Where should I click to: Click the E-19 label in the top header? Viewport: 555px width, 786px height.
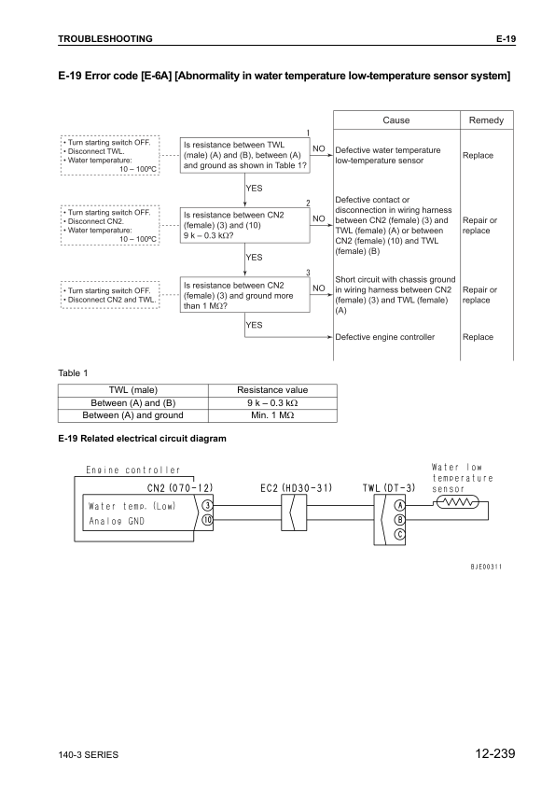tap(504, 38)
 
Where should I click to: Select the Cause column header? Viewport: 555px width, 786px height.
tap(395, 120)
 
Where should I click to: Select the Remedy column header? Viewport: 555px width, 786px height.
tap(486, 120)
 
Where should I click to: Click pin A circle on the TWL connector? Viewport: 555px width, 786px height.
tap(400, 505)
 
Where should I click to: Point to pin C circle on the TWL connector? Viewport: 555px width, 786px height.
tap(400, 534)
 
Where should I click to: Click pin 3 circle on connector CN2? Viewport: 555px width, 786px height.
tap(207, 505)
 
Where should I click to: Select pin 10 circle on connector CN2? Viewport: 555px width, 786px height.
tap(207, 520)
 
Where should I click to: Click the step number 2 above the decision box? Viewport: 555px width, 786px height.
tap(307, 203)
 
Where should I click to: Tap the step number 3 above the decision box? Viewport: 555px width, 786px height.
tap(307, 271)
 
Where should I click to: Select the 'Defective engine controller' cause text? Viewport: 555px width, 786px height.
tap(384, 336)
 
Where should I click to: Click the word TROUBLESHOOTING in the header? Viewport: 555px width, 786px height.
tap(105, 38)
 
